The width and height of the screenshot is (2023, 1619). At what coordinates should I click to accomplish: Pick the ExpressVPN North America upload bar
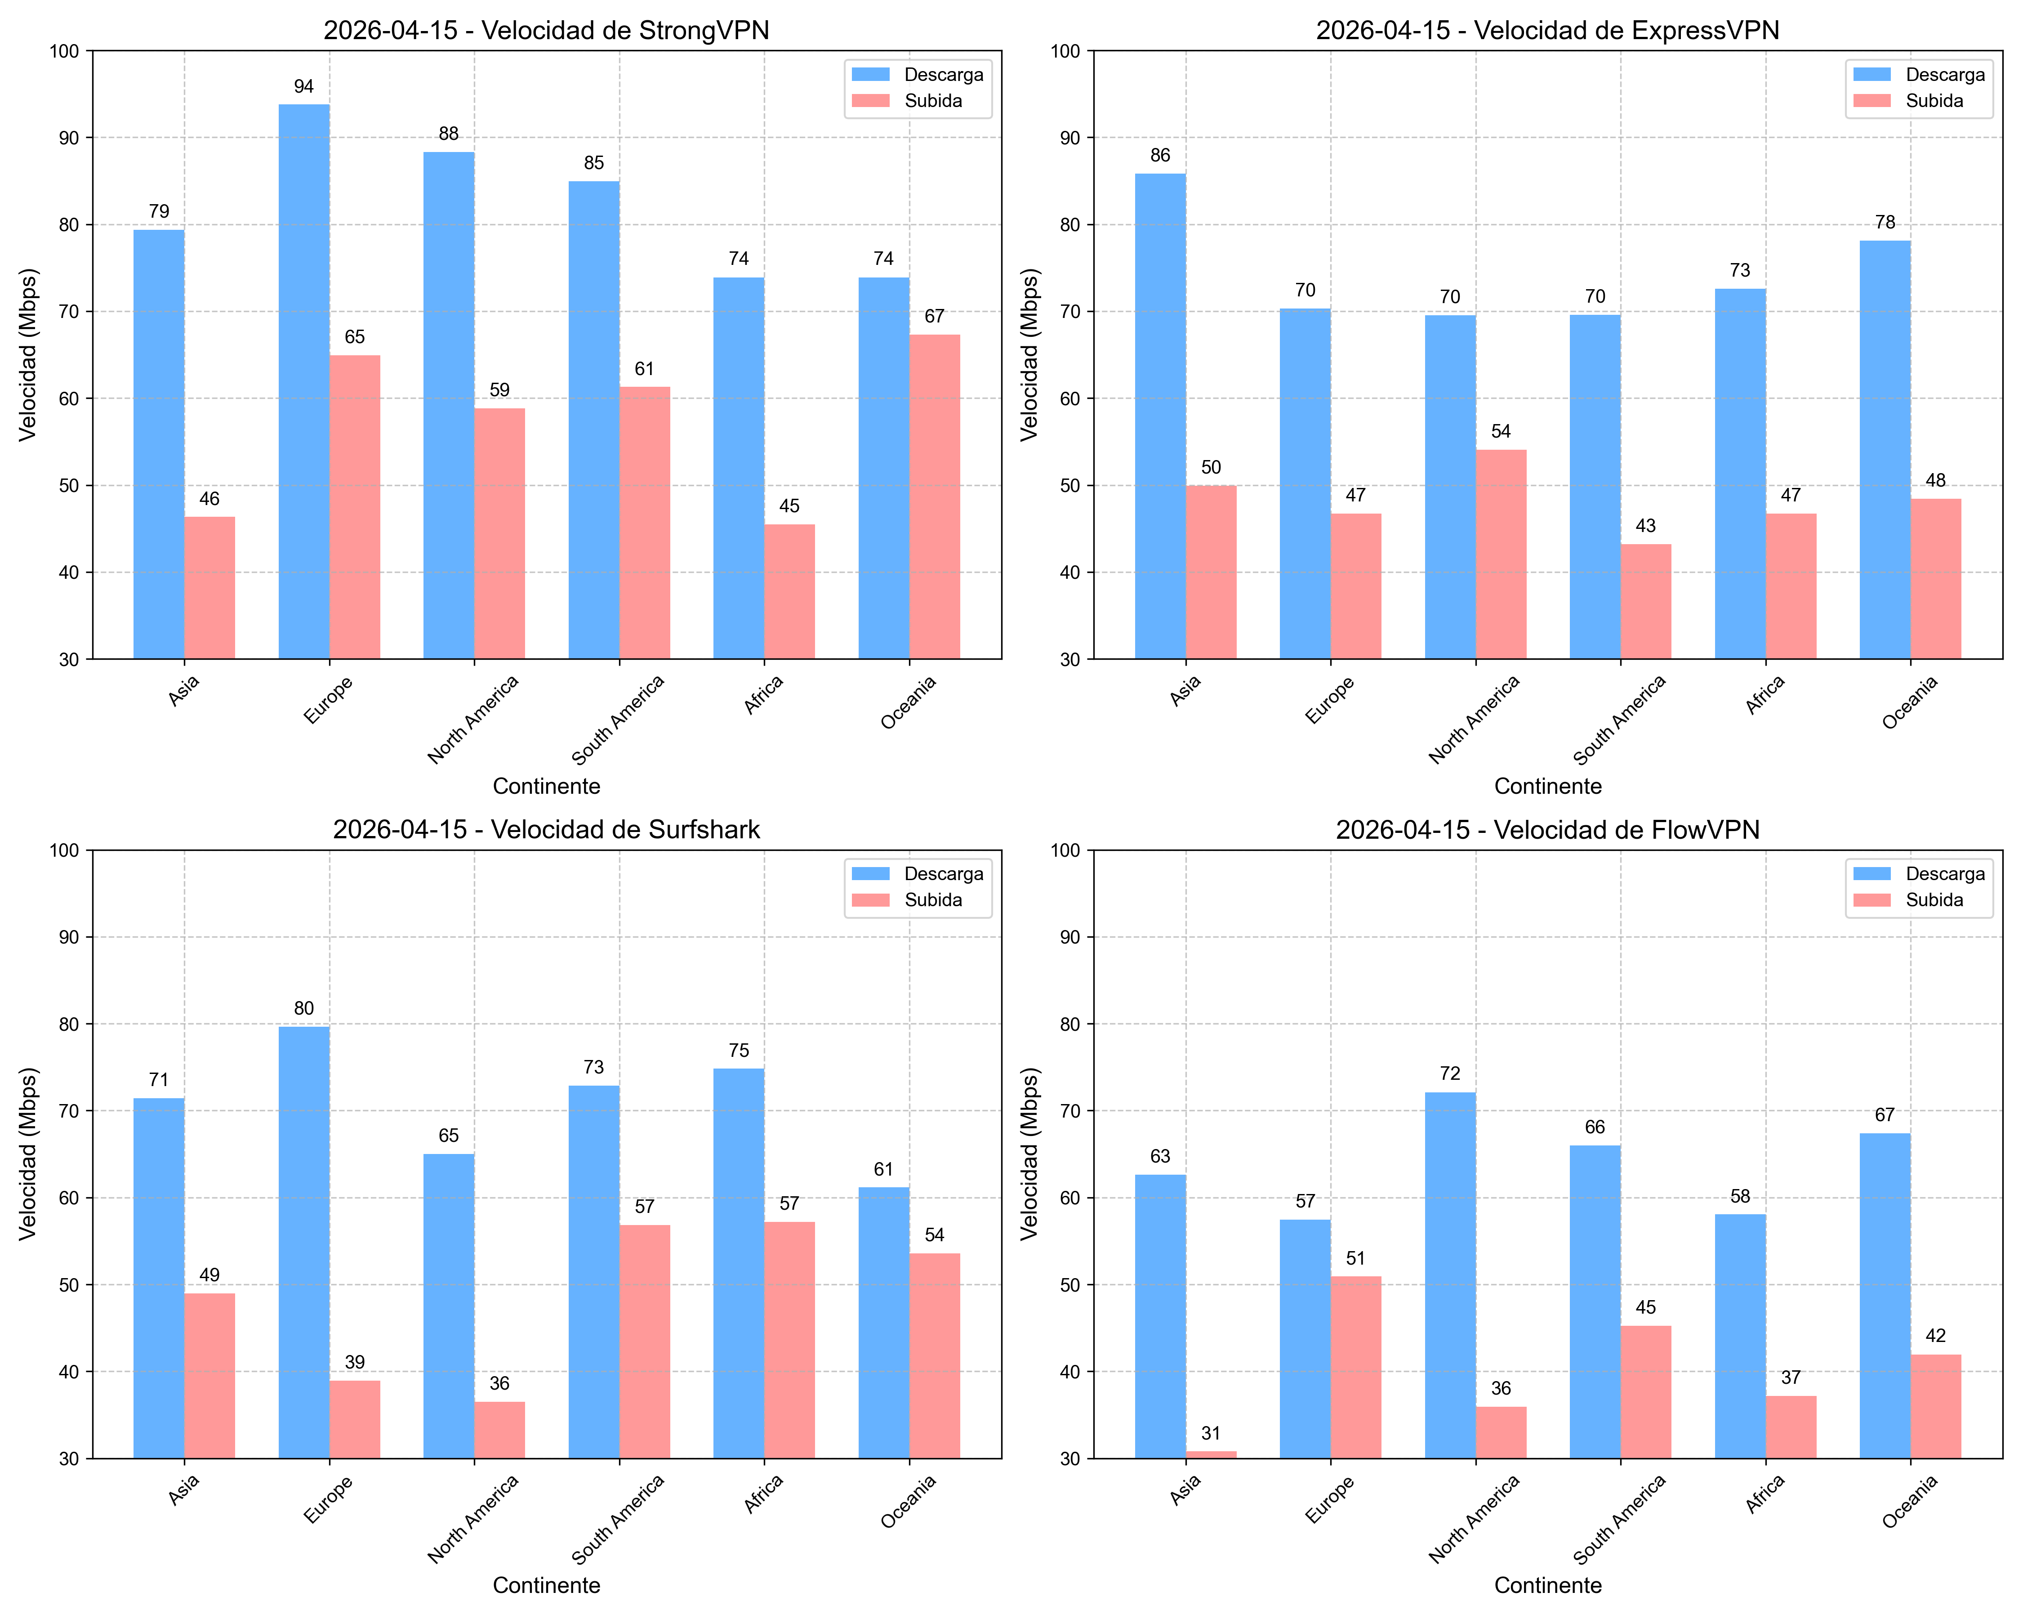pos(1502,554)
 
